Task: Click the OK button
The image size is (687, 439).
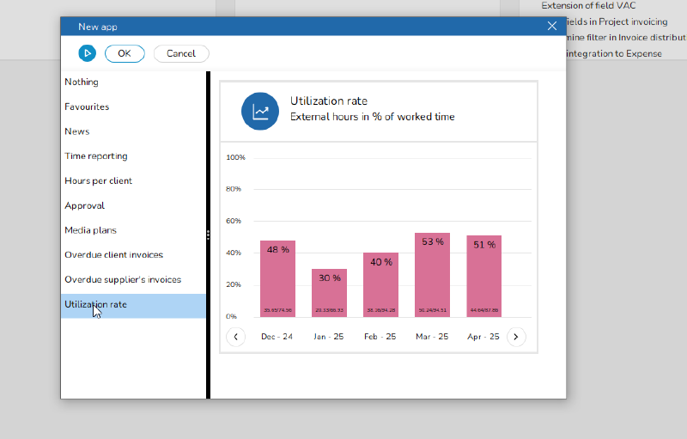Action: tap(125, 53)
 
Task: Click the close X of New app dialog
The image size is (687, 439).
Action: tap(552, 26)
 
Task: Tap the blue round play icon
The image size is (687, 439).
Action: tap(87, 53)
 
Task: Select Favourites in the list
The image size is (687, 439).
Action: tap(87, 107)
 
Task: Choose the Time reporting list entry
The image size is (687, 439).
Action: tap(96, 156)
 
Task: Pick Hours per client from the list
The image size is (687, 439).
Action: tap(98, 181)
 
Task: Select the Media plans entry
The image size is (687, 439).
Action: tap(90, 230)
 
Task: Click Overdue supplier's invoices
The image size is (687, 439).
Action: tap(123, 280)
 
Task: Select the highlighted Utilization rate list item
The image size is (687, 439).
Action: tap(95, 305)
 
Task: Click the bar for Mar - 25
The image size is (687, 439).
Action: tap(432, 275)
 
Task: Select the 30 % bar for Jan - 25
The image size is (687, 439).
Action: tap(329, 293)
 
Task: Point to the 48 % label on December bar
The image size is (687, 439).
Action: tap(277, 249)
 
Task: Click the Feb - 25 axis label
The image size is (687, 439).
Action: tap(380, 337)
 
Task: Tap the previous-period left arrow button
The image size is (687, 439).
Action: tap(235, 337)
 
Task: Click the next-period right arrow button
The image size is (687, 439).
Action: tap(515, 337)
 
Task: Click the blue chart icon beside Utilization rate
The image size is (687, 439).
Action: tap(260, 112)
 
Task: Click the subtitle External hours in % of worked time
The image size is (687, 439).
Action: tap(373, 117)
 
